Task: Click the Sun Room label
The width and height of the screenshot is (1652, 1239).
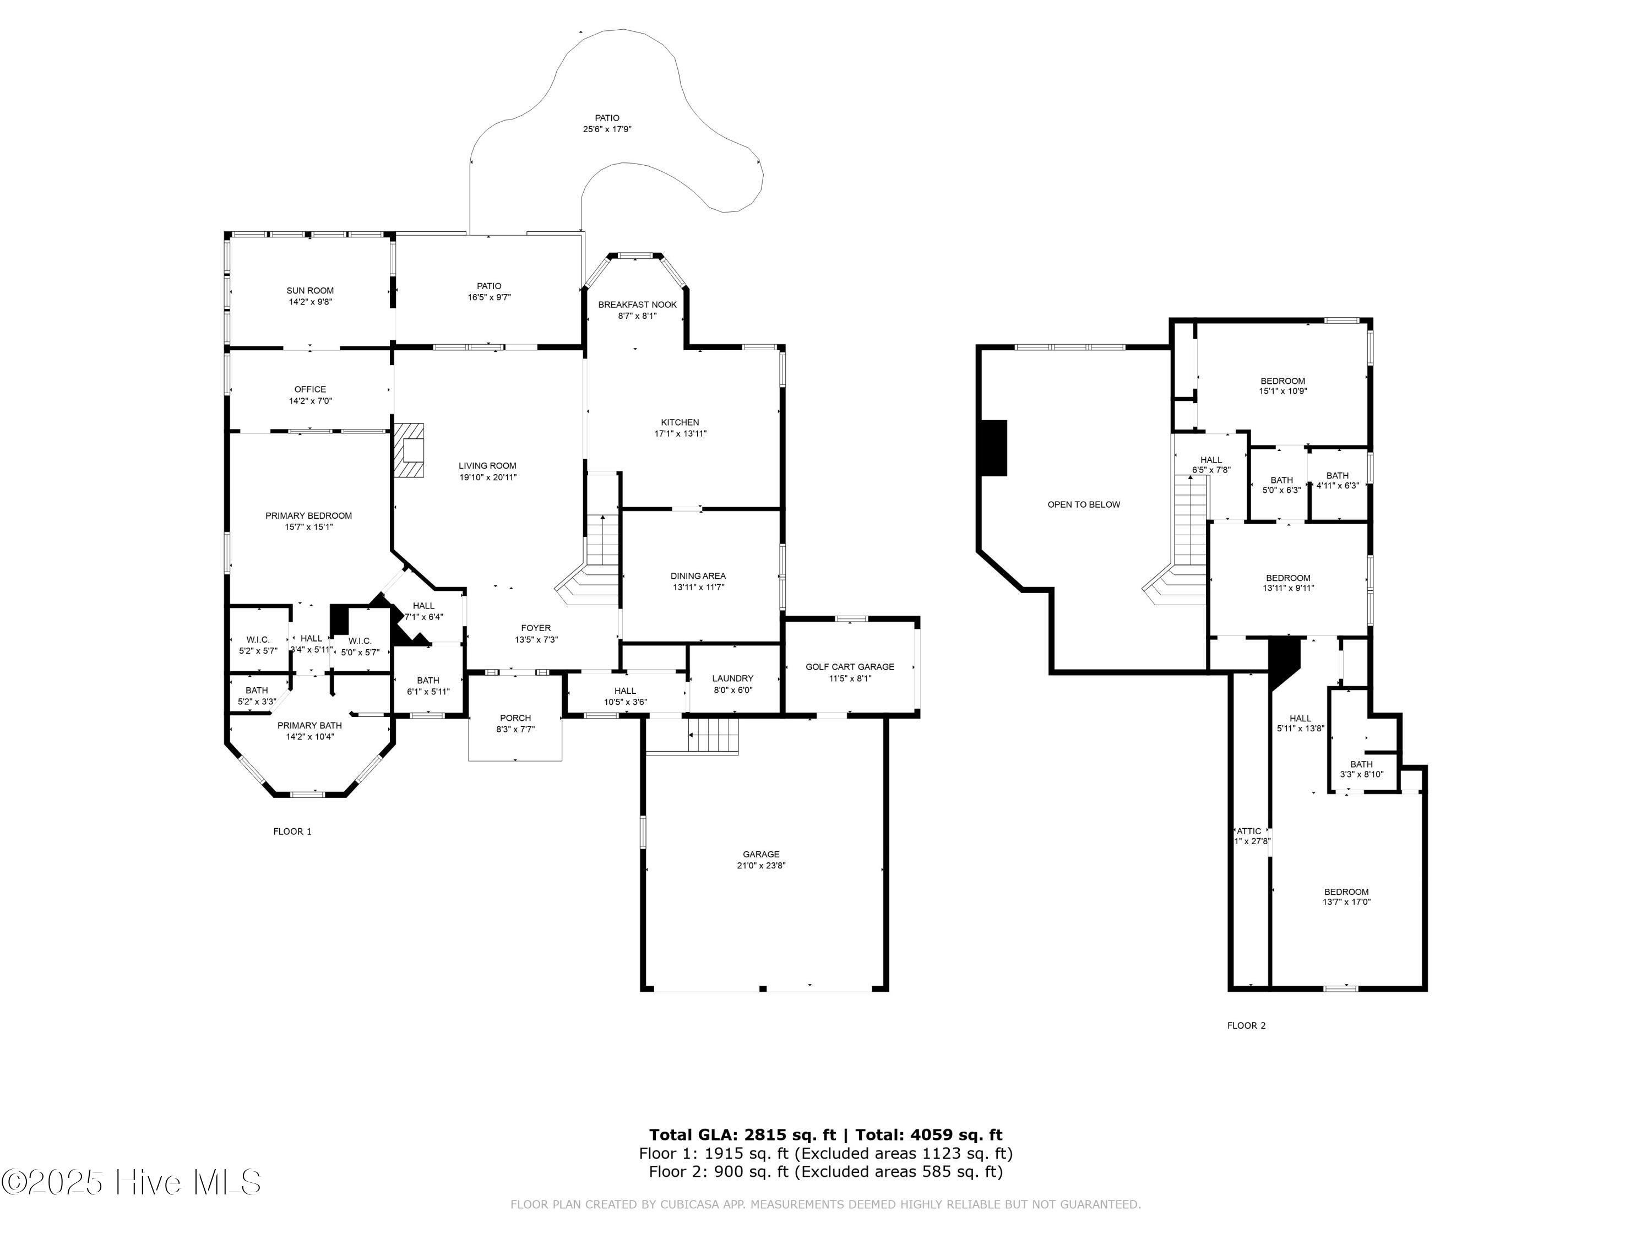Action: (x=310, y=291)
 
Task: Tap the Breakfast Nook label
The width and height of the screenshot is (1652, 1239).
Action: (x=637, y=305)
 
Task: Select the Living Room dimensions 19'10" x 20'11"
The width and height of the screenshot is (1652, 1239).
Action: (x=488, y=477)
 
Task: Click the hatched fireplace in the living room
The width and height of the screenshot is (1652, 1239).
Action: (x=409, y=450)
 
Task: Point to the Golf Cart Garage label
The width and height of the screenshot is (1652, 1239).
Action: (x=849, y=667)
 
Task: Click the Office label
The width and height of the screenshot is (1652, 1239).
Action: (x=310, y=389)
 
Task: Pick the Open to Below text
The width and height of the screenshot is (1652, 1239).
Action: (x=1084, y=505)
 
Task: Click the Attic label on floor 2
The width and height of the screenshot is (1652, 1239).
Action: (x=1249, y=831)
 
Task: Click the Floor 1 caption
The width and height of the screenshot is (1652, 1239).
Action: (x=292, y=831)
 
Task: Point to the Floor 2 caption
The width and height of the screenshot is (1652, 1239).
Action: (x=1247, y=1025)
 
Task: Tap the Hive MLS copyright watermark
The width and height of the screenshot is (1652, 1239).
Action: (x=131, y=1182)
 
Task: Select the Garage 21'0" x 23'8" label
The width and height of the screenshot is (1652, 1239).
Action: (x=761, y=860)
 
